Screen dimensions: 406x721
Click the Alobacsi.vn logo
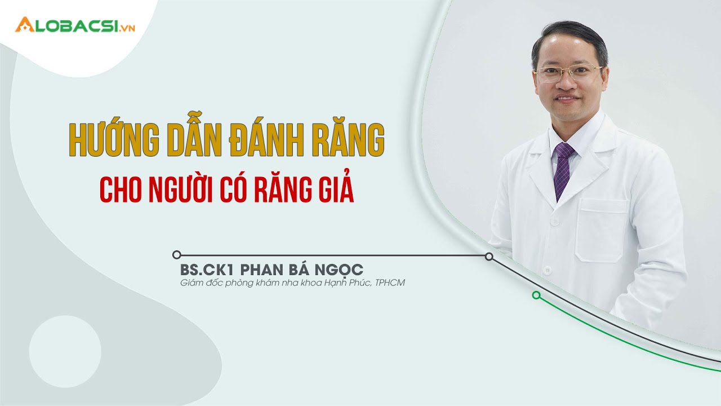pos(75,25)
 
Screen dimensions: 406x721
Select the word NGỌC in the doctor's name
pos(340,269)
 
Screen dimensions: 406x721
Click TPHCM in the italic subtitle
pos(390,283)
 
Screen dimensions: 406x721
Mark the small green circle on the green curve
pos(536,295)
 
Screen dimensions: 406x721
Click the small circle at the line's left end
pos(177,255)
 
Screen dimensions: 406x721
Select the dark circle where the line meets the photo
pos(489,257)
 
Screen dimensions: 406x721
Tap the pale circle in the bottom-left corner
pos(65,351)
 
